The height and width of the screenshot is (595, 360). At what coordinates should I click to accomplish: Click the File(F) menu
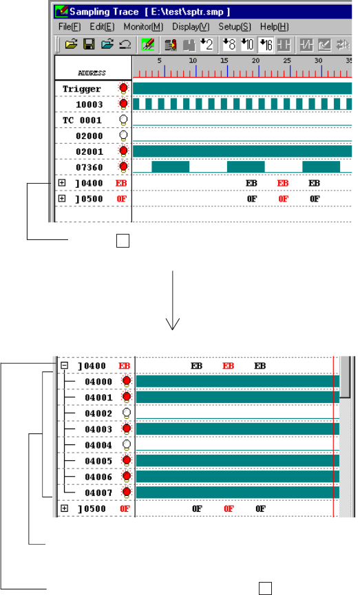pyautogui.click(x=70, y=27)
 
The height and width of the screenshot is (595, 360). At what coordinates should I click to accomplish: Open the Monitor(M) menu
pyautogui.click(x=143, y=27)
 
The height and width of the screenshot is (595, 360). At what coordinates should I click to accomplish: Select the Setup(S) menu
pyautogui.click(x=234, y=27)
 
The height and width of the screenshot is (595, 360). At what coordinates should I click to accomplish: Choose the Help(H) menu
pyautogui.click(x=274, y=27)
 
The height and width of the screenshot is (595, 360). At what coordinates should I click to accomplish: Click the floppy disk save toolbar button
pyautogui.click(x=89, y=45)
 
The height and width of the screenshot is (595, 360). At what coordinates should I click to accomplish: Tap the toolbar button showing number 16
pyautogui.click(x=266, y=45)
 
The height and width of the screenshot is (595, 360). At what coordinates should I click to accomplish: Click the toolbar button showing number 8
pyautogui.click(x=229, y=45)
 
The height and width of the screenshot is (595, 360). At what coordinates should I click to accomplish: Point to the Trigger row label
pyautogui.click(x=82, y=89)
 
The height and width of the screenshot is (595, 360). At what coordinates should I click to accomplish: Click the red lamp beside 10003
pyautogui.click(x=123, y=104)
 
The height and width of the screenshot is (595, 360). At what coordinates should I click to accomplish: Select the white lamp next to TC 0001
pyautogui.click(x=123, y=120)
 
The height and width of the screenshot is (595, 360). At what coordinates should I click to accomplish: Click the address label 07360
pyautogui.click(x=89, y=167)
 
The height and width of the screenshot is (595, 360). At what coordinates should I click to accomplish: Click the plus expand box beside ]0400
pyautogui.click(x=62, y=183)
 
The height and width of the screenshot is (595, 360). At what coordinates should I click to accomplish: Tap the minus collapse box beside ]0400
pyautogui.click(x=65, y=365)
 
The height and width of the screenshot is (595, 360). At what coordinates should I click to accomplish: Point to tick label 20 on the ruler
pyautogui.click(x=255, y=61)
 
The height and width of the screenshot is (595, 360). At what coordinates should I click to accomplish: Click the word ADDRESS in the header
pyautogui.click(x=92, y=73)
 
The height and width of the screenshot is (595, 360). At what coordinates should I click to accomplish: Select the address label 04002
pyautogui.click(x=98, y=413)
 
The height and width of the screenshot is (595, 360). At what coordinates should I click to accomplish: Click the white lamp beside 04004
pyautogui.click(x=127, y=445)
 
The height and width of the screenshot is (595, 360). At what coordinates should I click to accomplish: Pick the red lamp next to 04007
pyautogui.click(x=127, y=493)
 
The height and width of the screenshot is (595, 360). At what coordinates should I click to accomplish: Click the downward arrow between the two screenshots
pyautogui.click(x=173, y=300)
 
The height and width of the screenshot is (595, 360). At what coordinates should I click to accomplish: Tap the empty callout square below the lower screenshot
pyautogui.click(x=266, y=588)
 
